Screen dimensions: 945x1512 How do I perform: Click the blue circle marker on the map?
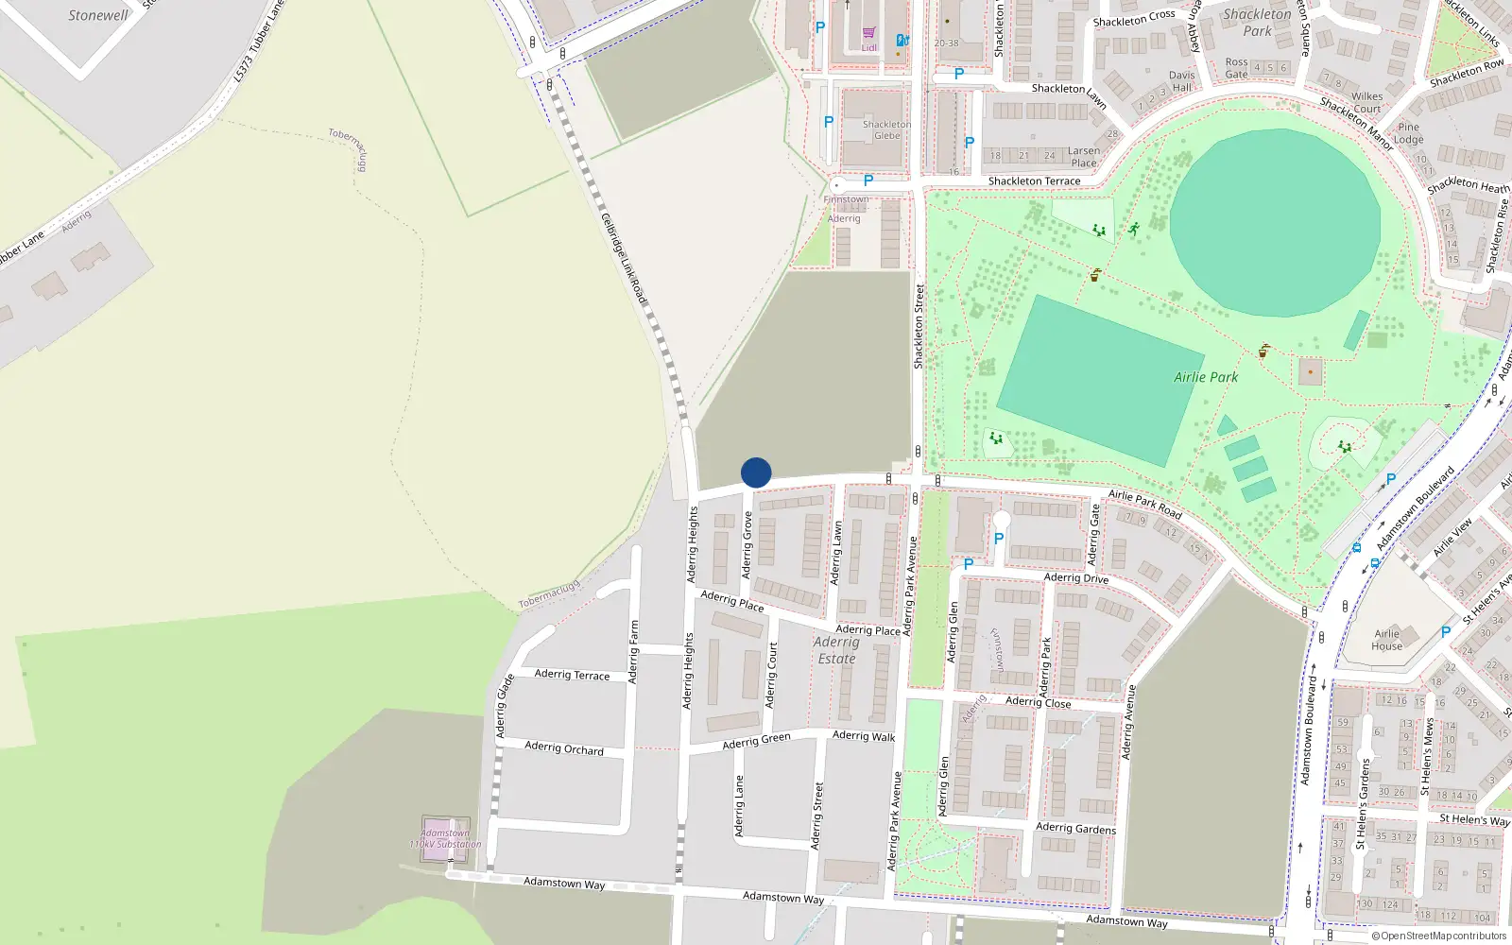756,472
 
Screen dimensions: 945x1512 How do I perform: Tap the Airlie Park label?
1206,377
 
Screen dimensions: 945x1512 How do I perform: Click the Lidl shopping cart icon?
868,33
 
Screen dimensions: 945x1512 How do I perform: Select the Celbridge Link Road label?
625,258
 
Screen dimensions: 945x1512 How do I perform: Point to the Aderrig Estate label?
836,650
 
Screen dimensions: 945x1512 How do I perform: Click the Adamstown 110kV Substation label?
445,839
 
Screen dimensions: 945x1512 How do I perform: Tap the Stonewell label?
98,15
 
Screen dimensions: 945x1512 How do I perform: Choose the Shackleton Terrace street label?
1034,180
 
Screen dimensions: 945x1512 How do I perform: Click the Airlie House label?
1386,640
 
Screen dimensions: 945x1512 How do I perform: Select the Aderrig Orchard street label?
564,747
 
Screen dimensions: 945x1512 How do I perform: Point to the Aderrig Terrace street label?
572,674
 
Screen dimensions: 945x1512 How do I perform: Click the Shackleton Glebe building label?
886,129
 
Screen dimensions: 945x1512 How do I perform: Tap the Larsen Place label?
1084,156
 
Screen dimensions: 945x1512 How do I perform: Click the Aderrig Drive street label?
1076,577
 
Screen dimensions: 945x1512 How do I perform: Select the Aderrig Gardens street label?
1075,828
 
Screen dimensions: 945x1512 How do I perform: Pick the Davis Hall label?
1181,81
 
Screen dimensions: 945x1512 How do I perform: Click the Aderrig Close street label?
1038,701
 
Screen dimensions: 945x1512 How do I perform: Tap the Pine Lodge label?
1408,133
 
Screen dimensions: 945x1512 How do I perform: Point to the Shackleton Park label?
1257,23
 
